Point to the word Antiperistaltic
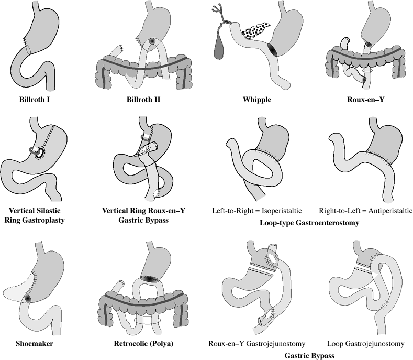(x=385, y=210)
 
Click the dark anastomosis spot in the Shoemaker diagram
(x=28, y=298)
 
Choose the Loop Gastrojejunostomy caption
(x=365, y=344)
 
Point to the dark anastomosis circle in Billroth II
(x=152, y=41)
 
